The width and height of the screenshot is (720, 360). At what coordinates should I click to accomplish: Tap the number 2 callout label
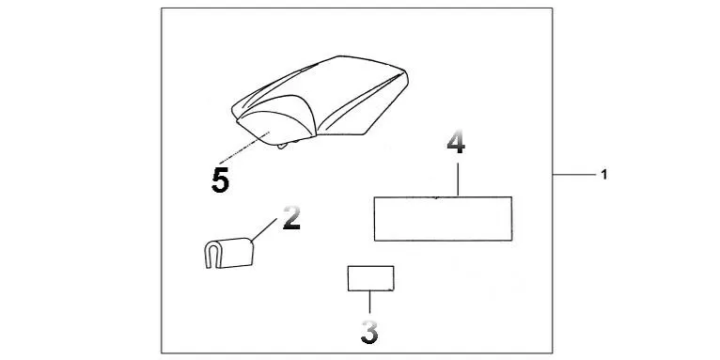[x=291, y=220]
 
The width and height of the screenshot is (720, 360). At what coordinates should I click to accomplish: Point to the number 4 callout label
[x=456, y=145]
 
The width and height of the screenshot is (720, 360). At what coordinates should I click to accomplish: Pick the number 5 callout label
[x=220, y=180]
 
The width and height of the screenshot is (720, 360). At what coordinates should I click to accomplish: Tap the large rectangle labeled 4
[x=443, y=219]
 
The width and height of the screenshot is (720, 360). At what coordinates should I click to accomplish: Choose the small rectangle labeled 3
[x=370, y=278]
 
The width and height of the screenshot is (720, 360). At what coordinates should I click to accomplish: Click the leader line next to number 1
[x=572, y=176]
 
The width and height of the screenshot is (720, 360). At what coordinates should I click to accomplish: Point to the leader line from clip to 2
[x=264, y=230]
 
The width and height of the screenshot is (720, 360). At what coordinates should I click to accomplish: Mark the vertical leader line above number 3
[x=370, y=303]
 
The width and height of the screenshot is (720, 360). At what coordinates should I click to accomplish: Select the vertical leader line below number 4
[x=457, y=179]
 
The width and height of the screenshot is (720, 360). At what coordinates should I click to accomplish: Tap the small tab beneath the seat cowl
[x=289, y=145]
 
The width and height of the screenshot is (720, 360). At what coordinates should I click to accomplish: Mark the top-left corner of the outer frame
[x=161, y=9]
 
